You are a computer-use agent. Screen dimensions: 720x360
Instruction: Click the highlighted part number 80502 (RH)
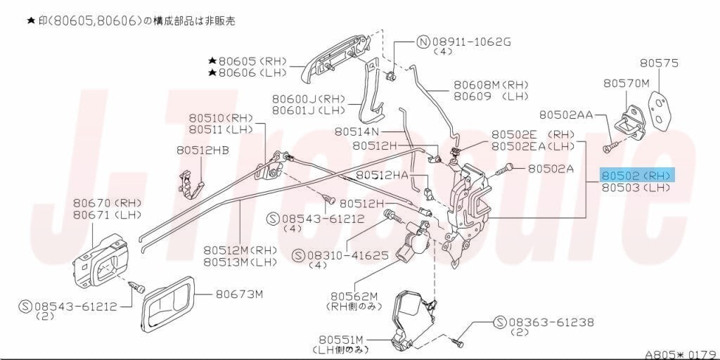pyautogui.click(x=636, y=175)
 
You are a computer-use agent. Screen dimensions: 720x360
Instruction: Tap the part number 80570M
pyautogui.click(x=626, y=83)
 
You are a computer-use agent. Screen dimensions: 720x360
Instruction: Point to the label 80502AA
pyautogui.click(x=566, y=115)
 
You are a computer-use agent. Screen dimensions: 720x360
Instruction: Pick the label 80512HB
pyautogui.click(x=202, y=150)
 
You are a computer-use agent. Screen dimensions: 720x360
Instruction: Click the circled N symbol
pyautogui.click(x=423, y=42)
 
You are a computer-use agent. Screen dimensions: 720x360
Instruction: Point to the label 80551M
pyautogui.click(x=341, y=340)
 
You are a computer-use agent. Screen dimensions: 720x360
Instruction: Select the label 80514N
pyautogui.click(x=356, y=131)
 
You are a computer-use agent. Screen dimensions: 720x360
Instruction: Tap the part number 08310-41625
pyautogui.click(x=347, y=255)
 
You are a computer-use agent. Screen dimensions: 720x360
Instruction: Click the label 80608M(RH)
pyautogui.click(x=491, y=85)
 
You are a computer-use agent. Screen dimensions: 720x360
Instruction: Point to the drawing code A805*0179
pyautogui.click(x=681, y=355)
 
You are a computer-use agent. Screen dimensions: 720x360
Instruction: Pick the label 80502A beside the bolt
pyautogui.click(x=551, y=169)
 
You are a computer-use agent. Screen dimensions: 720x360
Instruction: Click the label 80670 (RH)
pyautogui.click(x=108, y=202)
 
